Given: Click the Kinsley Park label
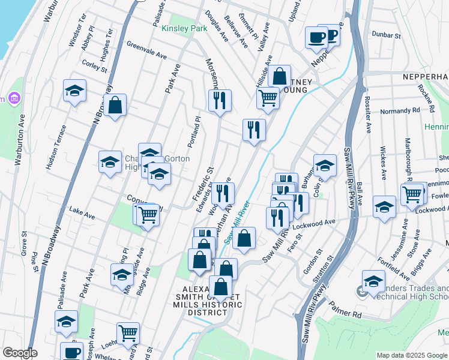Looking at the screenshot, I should (184, 28).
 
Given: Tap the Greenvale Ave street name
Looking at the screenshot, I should (146, 50).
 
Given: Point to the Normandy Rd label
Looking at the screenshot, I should (400, 111).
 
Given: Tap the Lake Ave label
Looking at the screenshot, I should (82, 212).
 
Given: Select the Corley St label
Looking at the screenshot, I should (94, 66).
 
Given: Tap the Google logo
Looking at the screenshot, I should (20, 352).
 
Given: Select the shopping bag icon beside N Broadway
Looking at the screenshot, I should (115, 105).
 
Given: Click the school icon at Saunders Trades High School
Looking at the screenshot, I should (373, 281).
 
